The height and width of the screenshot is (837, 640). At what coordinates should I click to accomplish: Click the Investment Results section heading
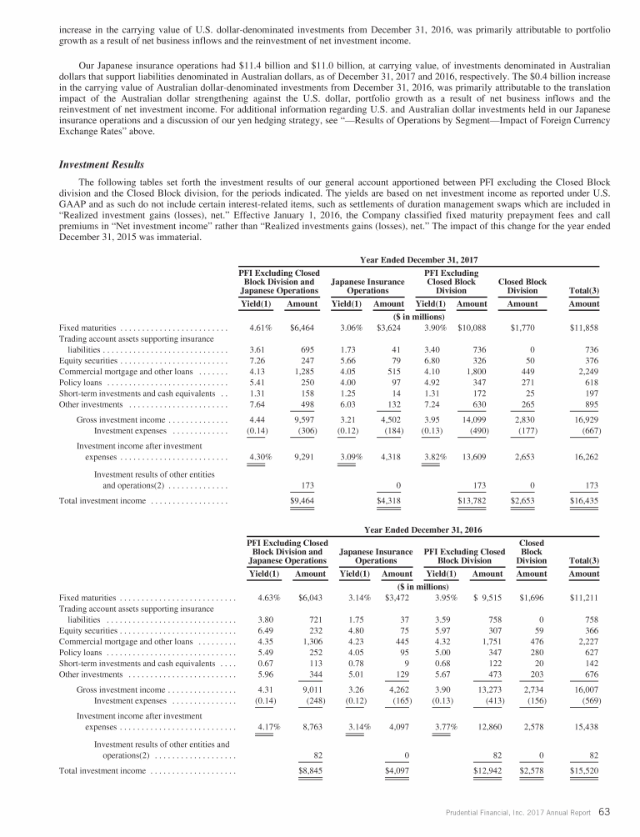point(97,165)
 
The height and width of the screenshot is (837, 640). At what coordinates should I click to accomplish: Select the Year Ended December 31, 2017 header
point(417,260)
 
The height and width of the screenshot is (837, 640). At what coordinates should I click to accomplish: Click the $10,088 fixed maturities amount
point(471,329)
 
